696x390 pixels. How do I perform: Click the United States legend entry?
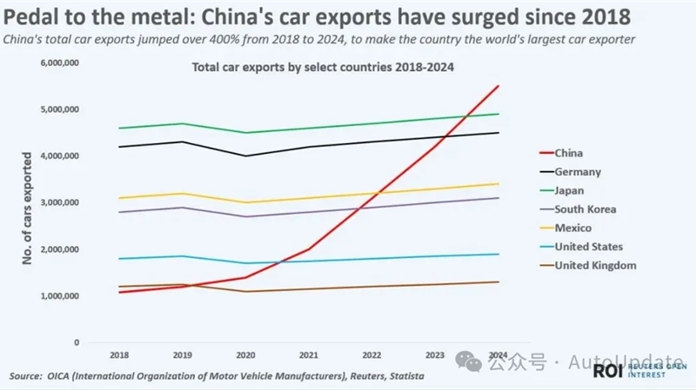point(588,247)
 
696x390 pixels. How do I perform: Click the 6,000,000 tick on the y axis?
point(60,63)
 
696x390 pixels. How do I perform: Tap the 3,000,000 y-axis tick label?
point(60,203)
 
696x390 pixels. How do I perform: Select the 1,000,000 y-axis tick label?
point(60,296)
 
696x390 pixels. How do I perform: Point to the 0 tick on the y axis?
point(76,342)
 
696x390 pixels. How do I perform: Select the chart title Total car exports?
point(322,66)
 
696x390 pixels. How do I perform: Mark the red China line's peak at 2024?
point(498,86)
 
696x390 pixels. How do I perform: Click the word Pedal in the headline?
point(32,17)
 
